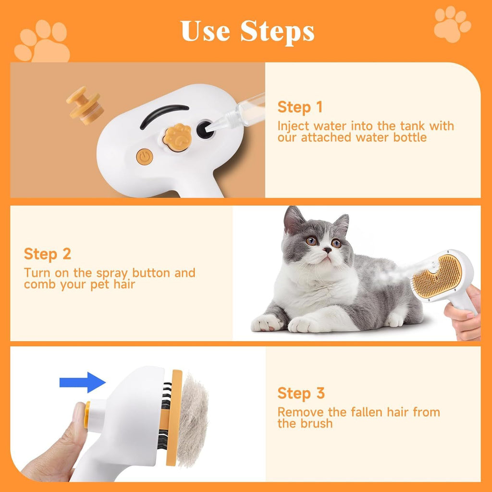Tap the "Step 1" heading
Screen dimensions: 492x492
(x=300, y=107)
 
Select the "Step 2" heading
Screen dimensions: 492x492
(x=47, y=254)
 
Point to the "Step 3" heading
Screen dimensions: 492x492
(x=301, y=393)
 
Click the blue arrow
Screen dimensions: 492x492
(x=82, y=382)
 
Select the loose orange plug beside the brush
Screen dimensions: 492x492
(x=85, y=105)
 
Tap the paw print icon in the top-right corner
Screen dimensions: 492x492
(x=452, y=24)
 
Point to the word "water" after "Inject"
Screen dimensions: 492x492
(x=331, y=126)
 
